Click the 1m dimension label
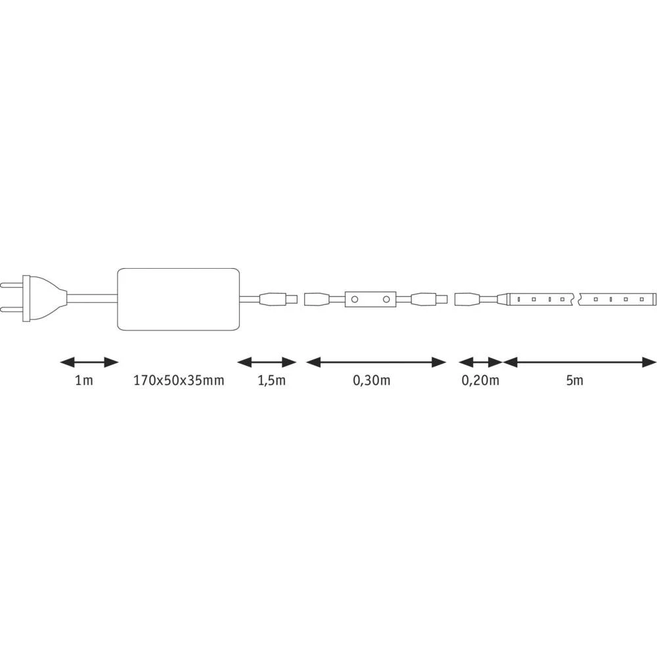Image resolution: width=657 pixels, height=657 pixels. (83, 380)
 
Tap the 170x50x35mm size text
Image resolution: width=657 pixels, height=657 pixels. (179, 380)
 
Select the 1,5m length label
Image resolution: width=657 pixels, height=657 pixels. (271, 380)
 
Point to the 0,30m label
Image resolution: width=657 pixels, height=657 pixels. (372, 380)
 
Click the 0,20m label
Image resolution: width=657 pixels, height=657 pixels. (480, 380)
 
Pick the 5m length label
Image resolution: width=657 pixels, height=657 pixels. (574, 380)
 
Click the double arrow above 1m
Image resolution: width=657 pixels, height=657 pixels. (89, 362)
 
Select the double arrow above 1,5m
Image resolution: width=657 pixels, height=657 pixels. (267, 362)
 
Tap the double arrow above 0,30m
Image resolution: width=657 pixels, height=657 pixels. (376, 362)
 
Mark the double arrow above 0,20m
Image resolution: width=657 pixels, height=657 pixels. (481, 362)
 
